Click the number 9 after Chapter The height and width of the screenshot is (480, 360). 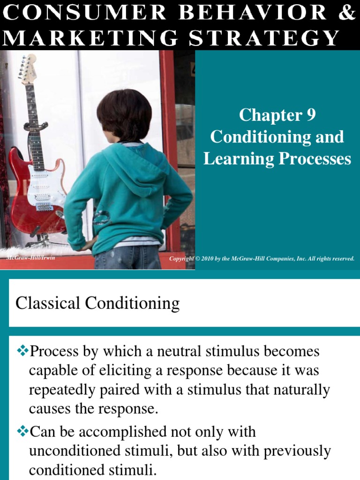coord(311,115)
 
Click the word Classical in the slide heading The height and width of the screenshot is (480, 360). coord(48,303)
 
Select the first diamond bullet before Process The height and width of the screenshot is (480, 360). coord(22,351)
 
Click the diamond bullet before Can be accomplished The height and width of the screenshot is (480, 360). coord(22,431)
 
